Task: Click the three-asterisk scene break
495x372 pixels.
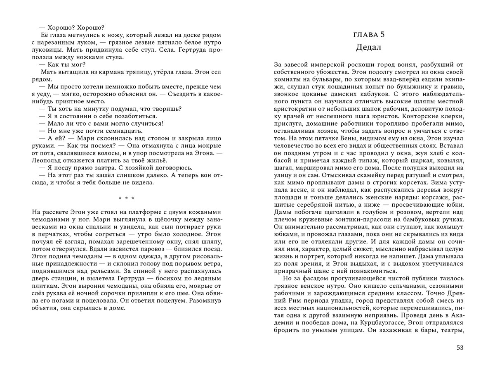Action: pos(126,199)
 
